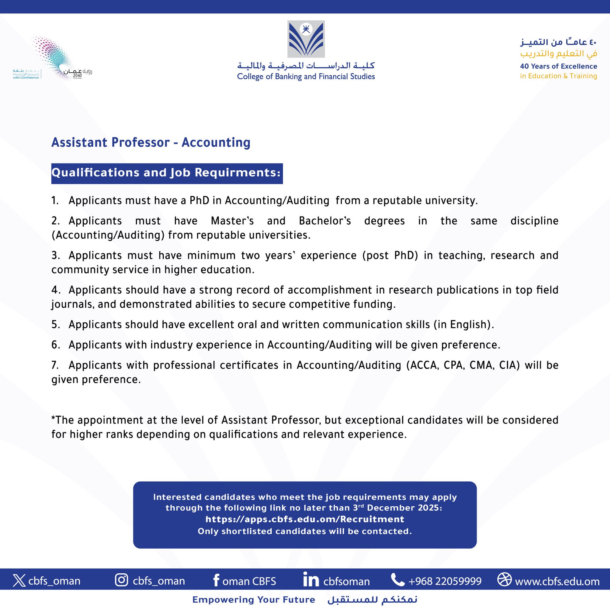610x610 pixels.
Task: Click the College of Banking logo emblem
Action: pos(306,39)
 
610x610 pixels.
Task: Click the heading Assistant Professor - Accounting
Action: pos(151,142)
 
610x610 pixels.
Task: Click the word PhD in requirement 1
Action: pos(199,201)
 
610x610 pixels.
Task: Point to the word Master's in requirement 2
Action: pos(232,221)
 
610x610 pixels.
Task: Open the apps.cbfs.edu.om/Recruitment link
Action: pos(305,519)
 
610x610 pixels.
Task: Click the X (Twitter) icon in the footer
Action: pos(19,580)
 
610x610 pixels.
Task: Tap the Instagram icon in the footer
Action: pos(122,580)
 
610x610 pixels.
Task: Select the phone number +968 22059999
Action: pos(445,581)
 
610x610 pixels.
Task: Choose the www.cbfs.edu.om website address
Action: pos(557,581)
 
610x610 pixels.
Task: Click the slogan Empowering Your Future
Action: pos(253,600)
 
